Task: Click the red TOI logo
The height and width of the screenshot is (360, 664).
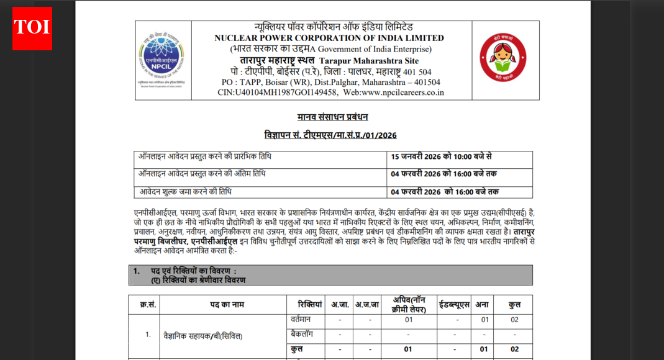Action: click(x=32, y=28)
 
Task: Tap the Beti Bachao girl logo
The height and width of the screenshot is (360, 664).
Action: click(x=503, y=58)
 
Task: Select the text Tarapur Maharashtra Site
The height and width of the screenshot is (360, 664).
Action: click(x=369, y=61)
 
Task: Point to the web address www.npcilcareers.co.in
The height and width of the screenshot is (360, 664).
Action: click(x=402, y=92)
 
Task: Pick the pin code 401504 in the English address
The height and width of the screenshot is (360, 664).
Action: click(x=425, y=82)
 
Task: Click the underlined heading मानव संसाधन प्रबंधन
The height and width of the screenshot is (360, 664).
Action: click(x=332, y=117)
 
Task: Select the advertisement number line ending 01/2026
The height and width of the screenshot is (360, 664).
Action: click(x=330, y=135)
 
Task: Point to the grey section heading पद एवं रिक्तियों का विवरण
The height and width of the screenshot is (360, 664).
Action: click(x=194, y=271)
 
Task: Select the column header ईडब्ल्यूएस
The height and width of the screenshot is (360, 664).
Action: click(x=454, y=305)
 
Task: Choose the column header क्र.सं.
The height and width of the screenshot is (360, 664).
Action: click(x=147, y=305)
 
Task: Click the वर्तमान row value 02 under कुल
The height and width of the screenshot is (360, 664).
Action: click(x=514, y=320)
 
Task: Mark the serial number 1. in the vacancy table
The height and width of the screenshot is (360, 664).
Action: click(x=148, y=335)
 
